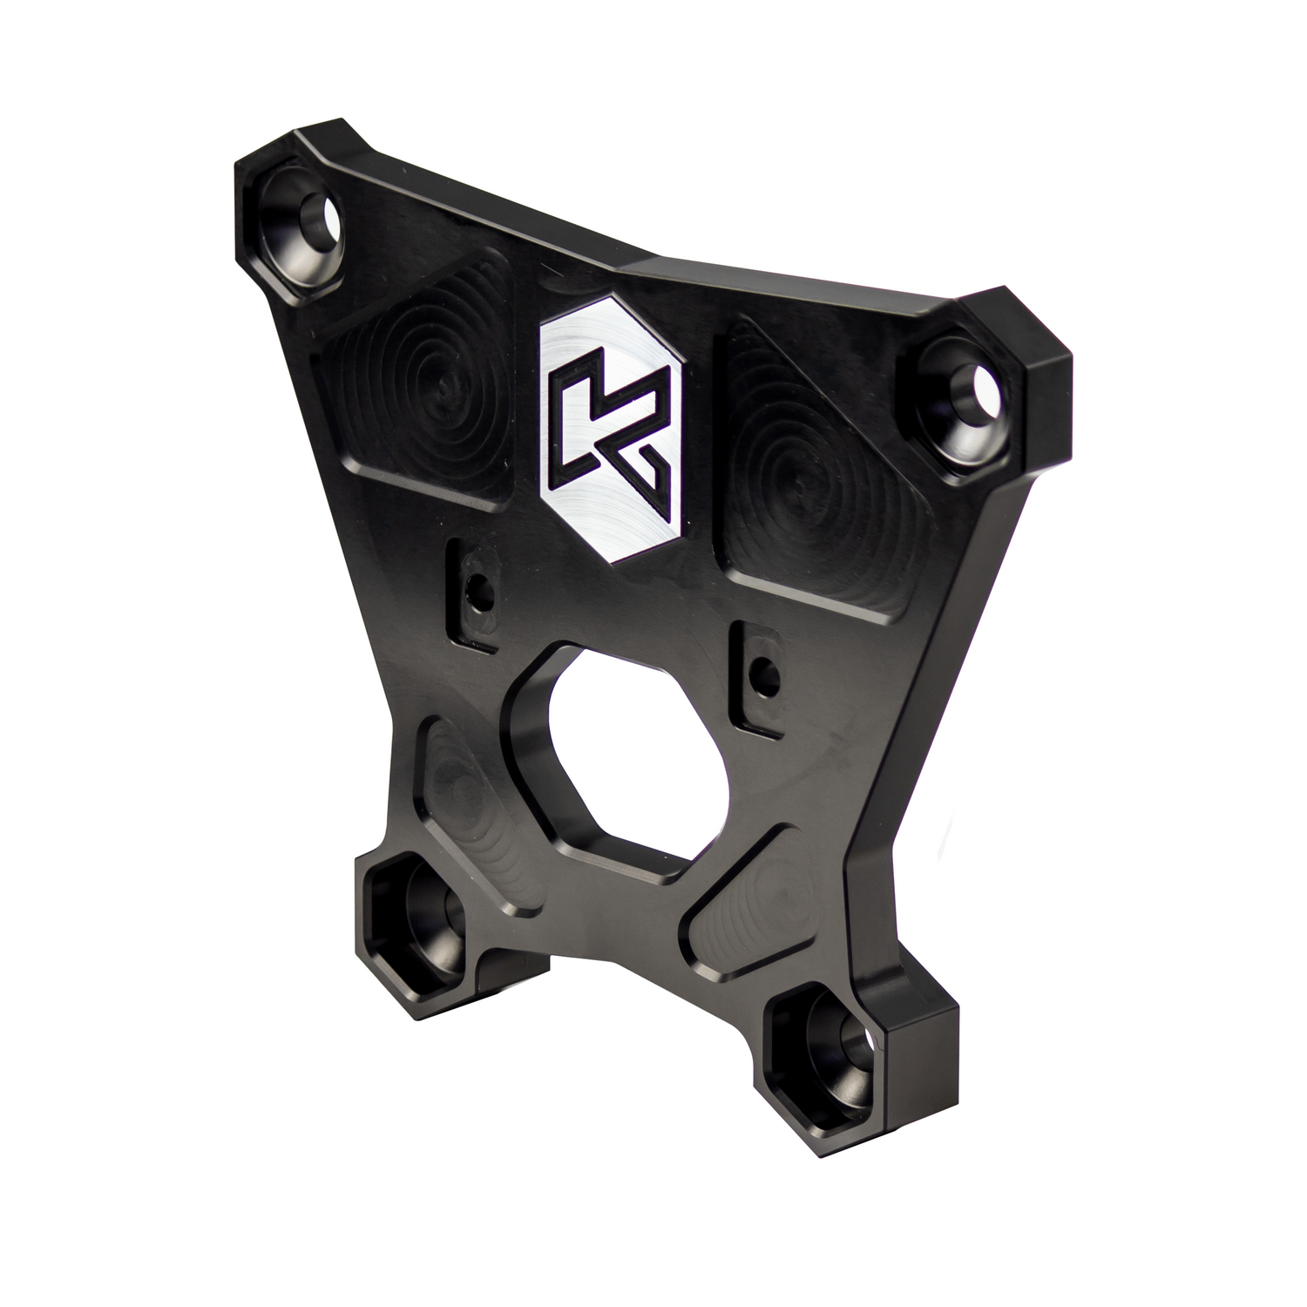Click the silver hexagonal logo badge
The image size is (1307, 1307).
612,434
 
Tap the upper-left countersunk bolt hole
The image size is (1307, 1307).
309,228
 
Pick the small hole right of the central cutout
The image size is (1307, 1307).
765,670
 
